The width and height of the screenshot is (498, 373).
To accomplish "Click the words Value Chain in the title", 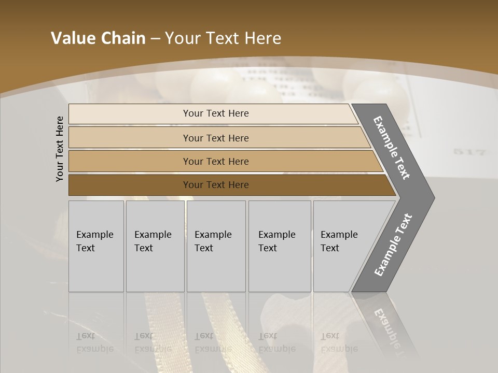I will pyautogui.click(x=98, y=38).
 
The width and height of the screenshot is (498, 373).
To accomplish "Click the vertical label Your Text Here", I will pyautogui.click(x=60, y=149).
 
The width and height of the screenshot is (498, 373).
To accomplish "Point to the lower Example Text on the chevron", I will pyautogui.click(x=393, y=245).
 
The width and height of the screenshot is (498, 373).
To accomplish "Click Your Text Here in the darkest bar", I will pyautogui.click(x=216, y=185).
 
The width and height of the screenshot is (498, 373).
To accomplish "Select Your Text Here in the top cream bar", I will pyautogui.click(x=216, y=113).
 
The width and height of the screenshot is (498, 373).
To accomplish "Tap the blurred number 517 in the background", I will pyautogui.click(x=469, y=152).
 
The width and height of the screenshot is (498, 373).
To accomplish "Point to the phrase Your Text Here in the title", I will pyautogui.click(x=223, y=38).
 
